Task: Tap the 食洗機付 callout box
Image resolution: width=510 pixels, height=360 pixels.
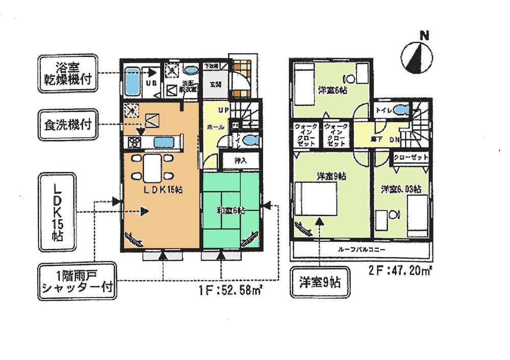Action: coord(67,124)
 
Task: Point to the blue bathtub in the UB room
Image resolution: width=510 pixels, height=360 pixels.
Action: coord(133,82)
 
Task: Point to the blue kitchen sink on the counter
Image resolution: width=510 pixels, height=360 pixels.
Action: coord(164,142)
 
